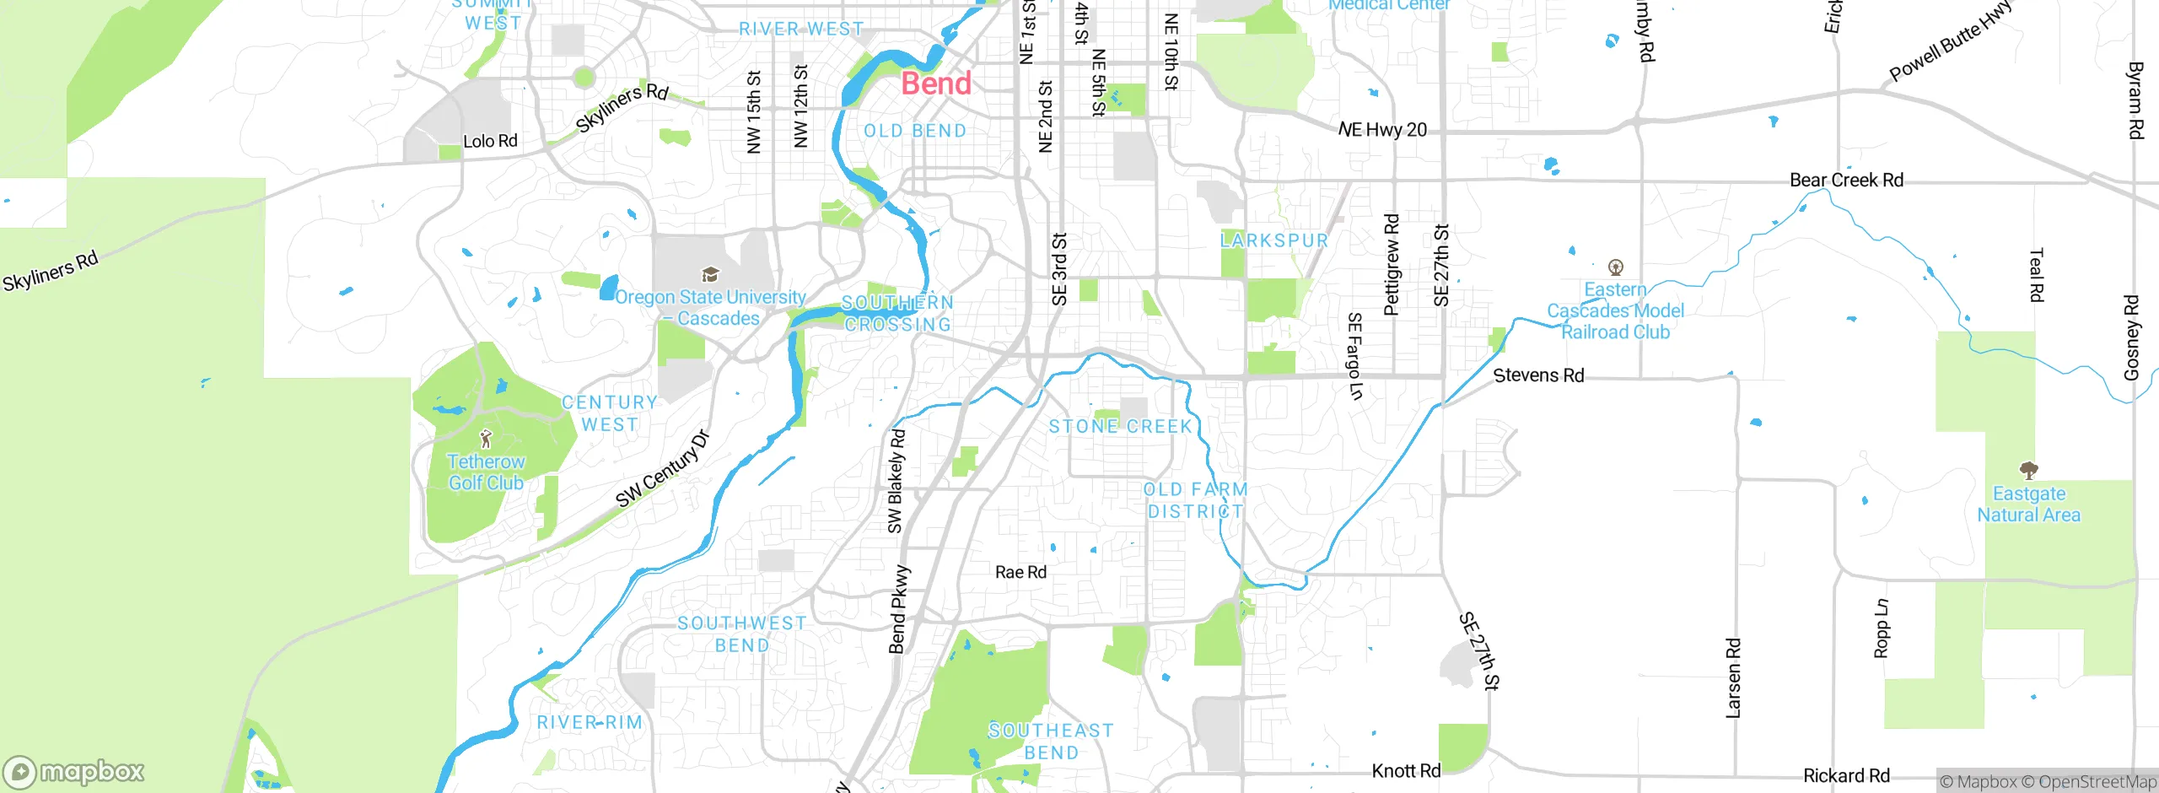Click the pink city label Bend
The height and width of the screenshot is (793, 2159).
936,84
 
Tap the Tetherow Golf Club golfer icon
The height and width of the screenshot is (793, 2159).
486,439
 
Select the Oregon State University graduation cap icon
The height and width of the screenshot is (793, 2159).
710,274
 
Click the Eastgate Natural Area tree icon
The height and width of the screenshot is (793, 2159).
2028,470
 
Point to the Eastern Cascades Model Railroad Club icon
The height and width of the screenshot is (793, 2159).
1616,267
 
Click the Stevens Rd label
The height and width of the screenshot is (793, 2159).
1538,375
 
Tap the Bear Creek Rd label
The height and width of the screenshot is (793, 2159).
1846,180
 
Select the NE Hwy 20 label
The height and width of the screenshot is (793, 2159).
1383,130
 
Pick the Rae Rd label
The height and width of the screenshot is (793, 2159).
1020,572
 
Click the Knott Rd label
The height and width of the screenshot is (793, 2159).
1406,770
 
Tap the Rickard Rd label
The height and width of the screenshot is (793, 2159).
1846,775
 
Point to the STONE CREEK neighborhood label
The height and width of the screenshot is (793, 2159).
1120,426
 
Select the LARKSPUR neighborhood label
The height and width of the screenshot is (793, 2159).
1274,240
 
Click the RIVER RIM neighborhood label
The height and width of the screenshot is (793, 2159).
590,722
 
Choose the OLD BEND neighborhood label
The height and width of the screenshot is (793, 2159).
915,131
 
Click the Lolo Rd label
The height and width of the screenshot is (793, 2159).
490,141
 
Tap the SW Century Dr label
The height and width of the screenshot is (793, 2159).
663,469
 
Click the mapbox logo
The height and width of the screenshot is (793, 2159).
74,771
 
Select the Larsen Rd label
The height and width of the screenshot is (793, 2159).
1733,678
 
